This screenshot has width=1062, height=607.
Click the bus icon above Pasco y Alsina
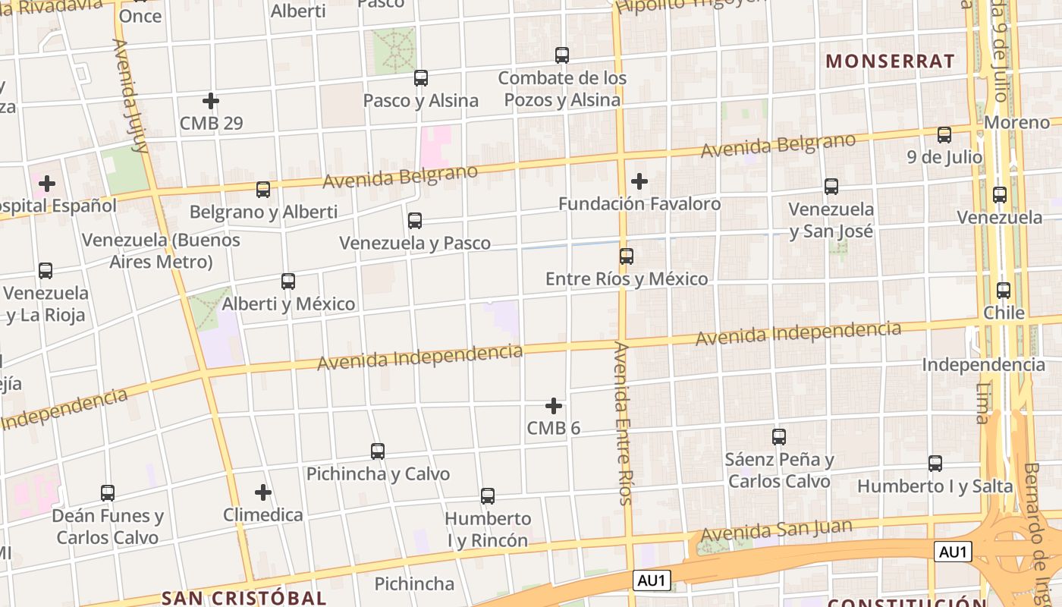click(421, 78)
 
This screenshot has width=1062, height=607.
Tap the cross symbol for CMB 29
click(211, 100)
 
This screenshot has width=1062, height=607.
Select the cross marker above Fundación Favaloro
click(639, 181)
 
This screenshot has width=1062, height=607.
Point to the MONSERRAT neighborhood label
click(890, 61)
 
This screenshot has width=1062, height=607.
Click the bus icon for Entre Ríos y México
click(627, 256)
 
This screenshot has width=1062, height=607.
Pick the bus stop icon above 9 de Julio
click(944, 135)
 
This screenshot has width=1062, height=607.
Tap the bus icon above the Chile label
click(1004, 290)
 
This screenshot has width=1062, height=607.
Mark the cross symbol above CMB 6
click(554, 406)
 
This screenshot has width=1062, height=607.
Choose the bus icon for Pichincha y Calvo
click(378, 451)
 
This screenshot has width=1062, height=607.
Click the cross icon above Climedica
click(263, 492)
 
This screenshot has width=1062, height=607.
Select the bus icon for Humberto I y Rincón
click(488, 496)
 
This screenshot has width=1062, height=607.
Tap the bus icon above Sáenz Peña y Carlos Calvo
click(779, 437)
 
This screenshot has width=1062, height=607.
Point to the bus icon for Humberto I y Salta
click(935, 464)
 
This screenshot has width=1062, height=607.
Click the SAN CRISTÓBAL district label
click(244, 598)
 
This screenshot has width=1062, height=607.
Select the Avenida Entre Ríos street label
click(623, 423)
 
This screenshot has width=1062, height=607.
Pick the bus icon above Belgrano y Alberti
click(263, 190)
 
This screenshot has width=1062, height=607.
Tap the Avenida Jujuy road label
click(129, 96)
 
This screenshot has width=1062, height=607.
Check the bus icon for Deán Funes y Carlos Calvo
click(108, 493)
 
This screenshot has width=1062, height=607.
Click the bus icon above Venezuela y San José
click(831, 187)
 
